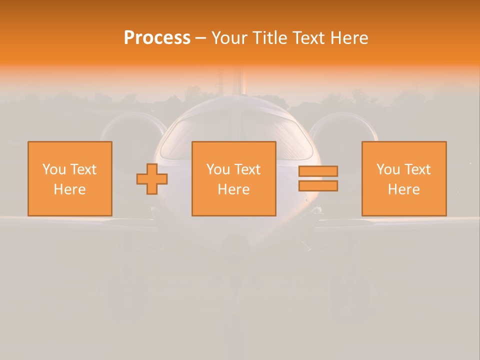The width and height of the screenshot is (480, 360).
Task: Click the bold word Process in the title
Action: (x=157, y=38)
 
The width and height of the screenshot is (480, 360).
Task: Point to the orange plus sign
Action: (x=152, y=179)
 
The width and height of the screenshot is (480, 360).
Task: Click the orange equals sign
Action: (x=318, y=178)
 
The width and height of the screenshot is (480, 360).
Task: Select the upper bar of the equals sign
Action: (x=318, y=171)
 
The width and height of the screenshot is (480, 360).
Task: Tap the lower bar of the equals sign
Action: (x=318, y=186)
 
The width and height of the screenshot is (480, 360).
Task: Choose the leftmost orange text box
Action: (x=70, y=178)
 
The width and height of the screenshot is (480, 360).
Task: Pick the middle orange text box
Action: (x=233, y=178)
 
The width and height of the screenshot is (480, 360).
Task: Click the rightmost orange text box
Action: (x=404, y=178)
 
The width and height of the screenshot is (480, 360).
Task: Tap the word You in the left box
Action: (x=54, y=169)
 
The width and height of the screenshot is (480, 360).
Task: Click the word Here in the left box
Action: (x=70, y=189)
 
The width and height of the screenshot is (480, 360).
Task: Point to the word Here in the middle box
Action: (x=233, y=189)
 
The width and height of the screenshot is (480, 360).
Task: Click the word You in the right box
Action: (x=388, y=169)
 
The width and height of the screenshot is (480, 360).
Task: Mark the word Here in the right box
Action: (x=404, y=189)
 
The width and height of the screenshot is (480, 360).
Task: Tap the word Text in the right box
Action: (x=417, y=169)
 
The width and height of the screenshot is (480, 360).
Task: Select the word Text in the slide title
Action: (x=308, y=38)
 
